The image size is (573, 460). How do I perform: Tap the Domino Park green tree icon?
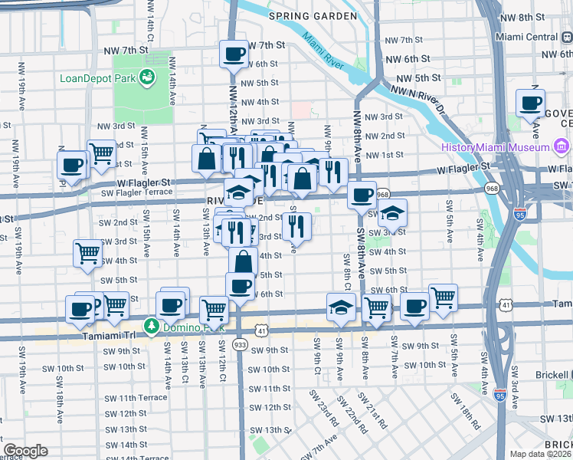[152, 327]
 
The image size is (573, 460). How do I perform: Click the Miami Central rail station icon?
[565, 38]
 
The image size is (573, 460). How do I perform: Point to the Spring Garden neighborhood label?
[313, 16]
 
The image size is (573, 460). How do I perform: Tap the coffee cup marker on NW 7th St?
[234, 54]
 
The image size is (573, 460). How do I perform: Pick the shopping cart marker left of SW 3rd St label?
[88, 252]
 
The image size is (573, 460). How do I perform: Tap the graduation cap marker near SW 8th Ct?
[341, 307]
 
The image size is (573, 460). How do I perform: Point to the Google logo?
[25, 451]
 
